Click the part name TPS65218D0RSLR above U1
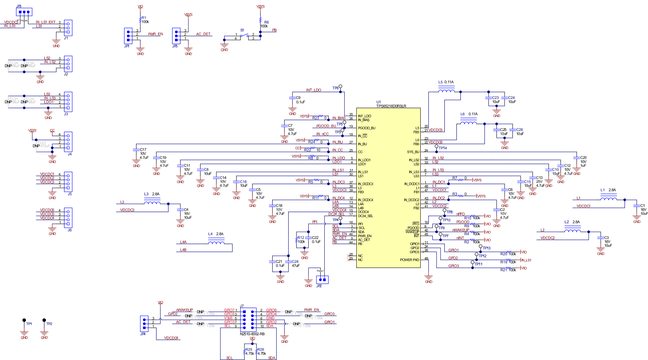[391, 106]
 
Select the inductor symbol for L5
[446, 91]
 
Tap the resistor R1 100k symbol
[140, 20]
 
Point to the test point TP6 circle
[340, 86]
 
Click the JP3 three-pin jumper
[24, 12]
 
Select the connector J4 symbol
[68, 142]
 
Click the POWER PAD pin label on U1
[409, 260]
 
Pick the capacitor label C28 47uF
[295, 263]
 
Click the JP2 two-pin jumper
[322, 280]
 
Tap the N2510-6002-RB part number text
[252, 334]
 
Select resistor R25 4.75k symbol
[244, 352]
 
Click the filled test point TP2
[44, 320]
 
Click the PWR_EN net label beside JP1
[155, 34]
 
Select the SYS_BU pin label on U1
[413, 152]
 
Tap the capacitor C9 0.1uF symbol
[292, 98]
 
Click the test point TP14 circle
[436, 146]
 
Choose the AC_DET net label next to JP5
[203, 34]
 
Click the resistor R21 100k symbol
[509, 268]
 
